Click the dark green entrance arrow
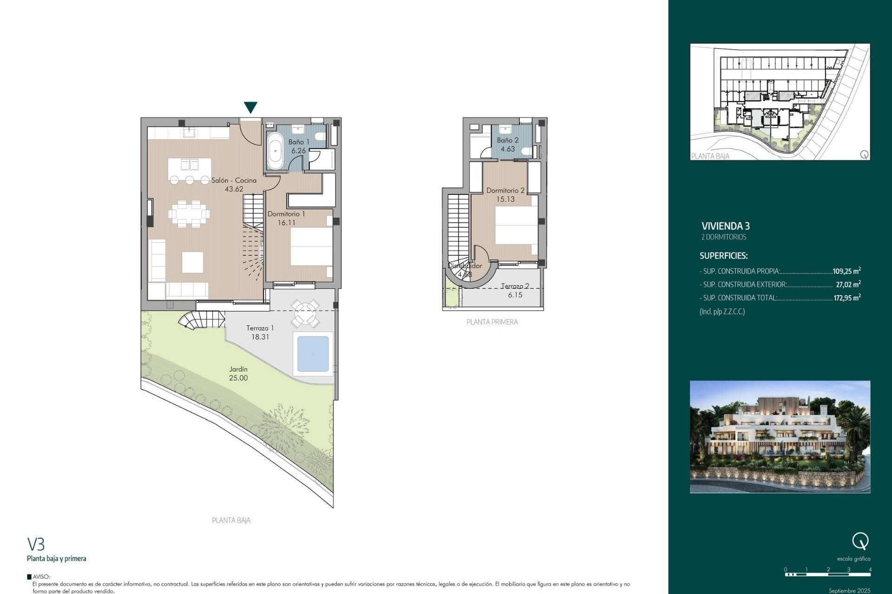point(250,107)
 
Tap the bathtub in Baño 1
point(275,151)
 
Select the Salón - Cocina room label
point(234,181)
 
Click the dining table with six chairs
point(189,214)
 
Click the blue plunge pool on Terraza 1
point(313,354)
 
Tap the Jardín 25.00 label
point(238,374)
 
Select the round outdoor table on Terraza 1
point(305,313)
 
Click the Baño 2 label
point(507,140)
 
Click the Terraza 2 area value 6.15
point(515,295)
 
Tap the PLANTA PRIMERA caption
point(492,322)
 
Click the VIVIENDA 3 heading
point(725,226)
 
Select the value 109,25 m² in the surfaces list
point(846,271)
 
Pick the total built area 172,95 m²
point(846,298)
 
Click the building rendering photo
point(780,437)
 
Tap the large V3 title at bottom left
point(36,544)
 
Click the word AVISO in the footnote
point(41,577)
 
